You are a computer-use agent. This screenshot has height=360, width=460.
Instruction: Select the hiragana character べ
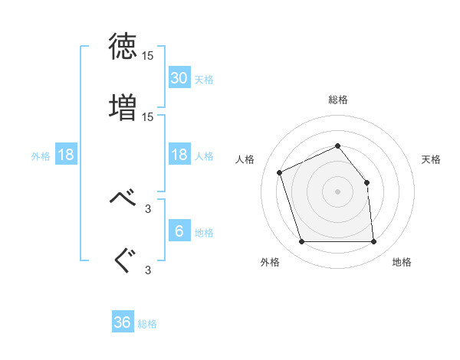[123, 198]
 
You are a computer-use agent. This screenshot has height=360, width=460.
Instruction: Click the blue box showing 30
[179, 78]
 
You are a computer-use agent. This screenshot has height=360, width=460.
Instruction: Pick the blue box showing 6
[179, 231]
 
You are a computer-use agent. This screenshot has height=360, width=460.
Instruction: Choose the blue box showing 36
[123, 322]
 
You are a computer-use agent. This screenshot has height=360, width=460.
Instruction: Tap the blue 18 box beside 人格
[179, 155]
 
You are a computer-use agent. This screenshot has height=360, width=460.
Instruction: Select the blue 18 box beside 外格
[66, 155]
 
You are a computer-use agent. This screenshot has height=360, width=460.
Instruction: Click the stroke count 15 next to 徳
[148, 56]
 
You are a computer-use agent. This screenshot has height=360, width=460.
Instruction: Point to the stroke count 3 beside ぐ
[148, 270]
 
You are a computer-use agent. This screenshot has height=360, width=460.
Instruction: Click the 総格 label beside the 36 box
[148, 324]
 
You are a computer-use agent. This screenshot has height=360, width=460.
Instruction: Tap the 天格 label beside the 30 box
[204, 80]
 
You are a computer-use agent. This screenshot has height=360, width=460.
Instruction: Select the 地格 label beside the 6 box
[204, 232]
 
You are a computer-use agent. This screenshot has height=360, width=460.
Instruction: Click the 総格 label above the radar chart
[338, 100]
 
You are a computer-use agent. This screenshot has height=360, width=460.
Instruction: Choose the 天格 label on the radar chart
[432, 159]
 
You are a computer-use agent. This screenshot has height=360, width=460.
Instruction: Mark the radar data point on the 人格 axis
[281, 172]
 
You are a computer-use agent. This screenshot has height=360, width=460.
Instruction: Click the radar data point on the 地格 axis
[373, 242]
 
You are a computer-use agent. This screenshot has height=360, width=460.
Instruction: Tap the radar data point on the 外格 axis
[301, 242]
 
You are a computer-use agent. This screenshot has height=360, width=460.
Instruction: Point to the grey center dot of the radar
[337, 191]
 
